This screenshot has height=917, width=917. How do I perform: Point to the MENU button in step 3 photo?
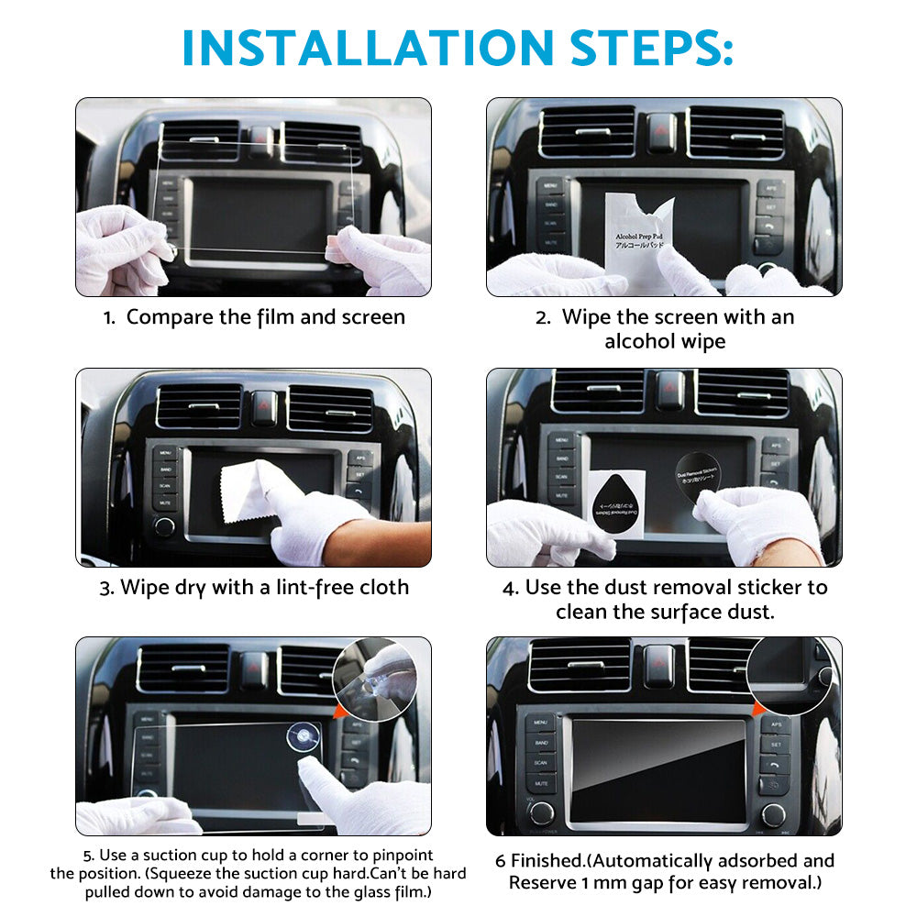pyautogui.click(x=165, y=452)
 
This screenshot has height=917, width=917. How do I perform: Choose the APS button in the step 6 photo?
pyautogui.click(x=776, y=724)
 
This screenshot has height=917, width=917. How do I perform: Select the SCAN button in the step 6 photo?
pyautogui.click(x=540, y=763)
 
